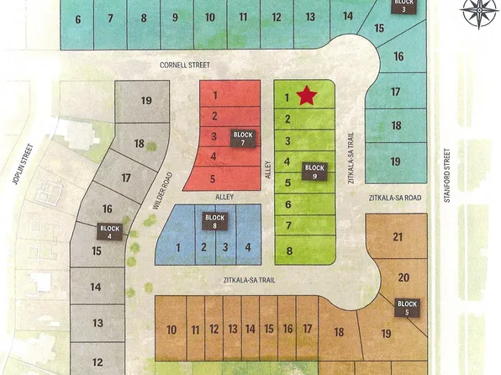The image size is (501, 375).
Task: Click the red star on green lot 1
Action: click(x=307, y=96)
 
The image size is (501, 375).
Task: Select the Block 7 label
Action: click(x=244, y=139)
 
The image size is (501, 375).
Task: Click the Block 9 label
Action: click(x=314, y=172)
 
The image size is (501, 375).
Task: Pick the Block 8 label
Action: click(x=216, y=221)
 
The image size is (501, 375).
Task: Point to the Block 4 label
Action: click(x=111, y=232)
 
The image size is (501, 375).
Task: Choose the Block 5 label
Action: click(x=407, y=308)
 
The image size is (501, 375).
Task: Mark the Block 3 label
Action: click(x=404, y=6)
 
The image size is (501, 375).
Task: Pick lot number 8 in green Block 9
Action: click(x=288, y=251)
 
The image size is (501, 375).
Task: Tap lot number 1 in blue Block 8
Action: click(x=178, y=247)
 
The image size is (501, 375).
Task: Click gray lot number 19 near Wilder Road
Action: click(x=146, y=101)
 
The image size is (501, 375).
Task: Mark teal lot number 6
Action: click(x=78, y=19)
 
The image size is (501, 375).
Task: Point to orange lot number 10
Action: click(x=171, y=330)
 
